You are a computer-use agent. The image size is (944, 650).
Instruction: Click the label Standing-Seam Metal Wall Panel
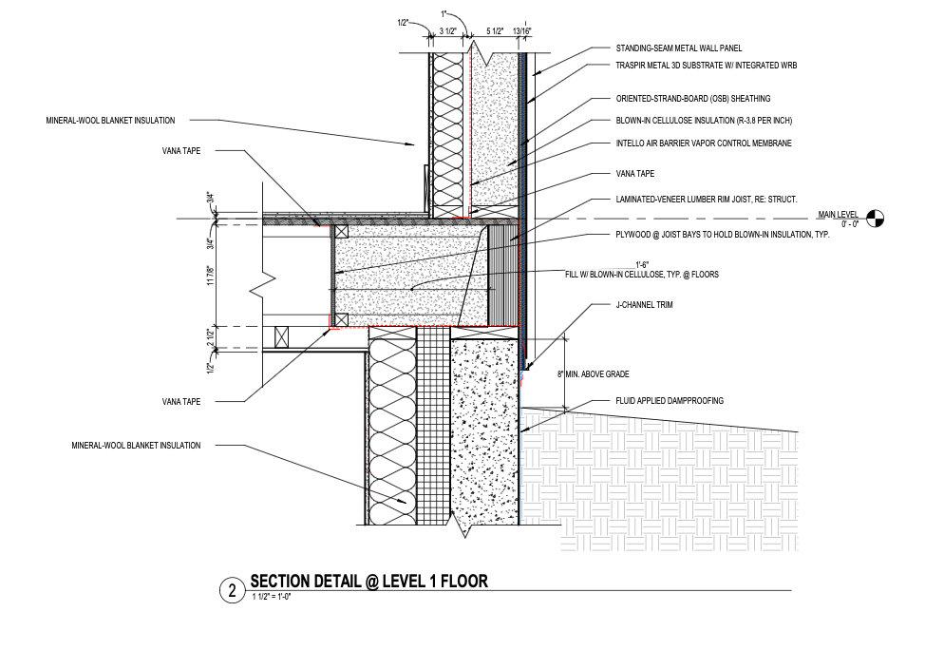pyautogui.click(x=678, y=48)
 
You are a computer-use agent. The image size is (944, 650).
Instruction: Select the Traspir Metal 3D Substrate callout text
pyautogui.click(x=707, y=65)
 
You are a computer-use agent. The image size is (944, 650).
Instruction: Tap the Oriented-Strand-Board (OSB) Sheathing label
pyautogui.click(x=693, y=99)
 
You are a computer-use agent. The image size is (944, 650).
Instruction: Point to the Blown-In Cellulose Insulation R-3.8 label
pyautogui.click(x=704, y=121)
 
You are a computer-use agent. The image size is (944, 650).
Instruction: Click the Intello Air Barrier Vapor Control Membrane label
pyautogui.click(x=703, y=143)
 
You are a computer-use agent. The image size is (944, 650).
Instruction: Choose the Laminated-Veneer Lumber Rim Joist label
pyautogui.click(x=707, y=200)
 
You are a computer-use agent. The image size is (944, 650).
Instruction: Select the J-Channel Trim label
pyautogui.click(x=644, y=305)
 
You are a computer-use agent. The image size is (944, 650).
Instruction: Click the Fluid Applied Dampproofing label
pyautogui.click(x=670, y=401)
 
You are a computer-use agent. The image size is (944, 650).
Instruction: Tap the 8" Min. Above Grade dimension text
pyautogui.click(x=593, y=374)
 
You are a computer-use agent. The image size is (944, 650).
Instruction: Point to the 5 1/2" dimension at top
pyautogui.click(x=494, y=31)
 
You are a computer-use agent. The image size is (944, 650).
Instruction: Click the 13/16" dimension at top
pyautogui.click(x=522, y=31)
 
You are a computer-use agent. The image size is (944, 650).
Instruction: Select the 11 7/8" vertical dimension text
pyautogui.click(x=211, y=276)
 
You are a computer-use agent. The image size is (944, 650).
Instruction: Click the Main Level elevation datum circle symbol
pyautogui.click(x=876, y=218)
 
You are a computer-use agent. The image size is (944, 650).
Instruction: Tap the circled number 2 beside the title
pyautogui.click(x=232, y=590)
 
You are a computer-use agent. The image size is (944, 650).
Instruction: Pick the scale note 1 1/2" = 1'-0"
pyautogui.click(x=272, y=598)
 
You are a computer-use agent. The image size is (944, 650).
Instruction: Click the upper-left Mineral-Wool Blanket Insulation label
pyautogui.click(x=111, y=121)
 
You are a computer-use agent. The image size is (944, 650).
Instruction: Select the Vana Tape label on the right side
pyautogui.click(x=634, y=174)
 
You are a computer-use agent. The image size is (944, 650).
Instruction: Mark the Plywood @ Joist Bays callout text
pyautogui.click(x=723, y=235)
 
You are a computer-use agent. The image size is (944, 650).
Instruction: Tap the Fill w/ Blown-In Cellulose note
pyautogui.click(x=642, y=274)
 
